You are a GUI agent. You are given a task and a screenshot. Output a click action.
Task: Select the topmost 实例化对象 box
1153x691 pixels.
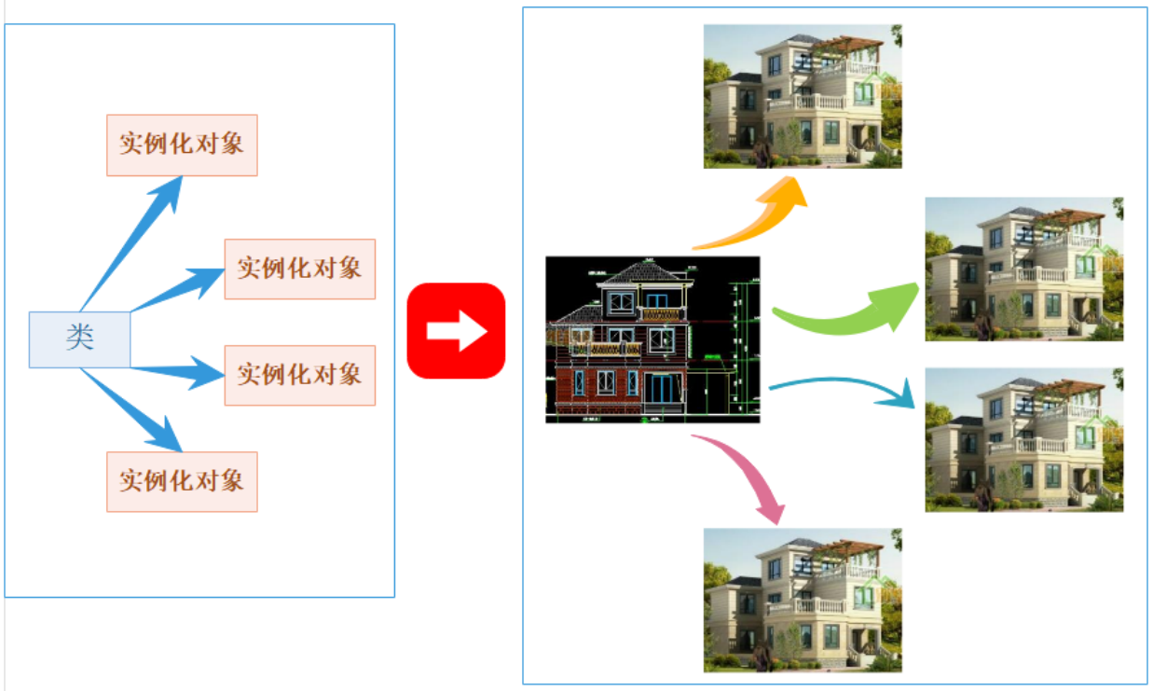(x=182, y=145)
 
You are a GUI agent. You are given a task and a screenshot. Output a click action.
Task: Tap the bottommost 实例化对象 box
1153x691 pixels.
(x=182, y=481)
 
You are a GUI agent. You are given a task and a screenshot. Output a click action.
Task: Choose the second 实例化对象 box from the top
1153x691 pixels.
(x=299, y=269)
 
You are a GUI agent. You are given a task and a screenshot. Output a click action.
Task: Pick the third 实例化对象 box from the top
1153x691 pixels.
(x=299, y=375)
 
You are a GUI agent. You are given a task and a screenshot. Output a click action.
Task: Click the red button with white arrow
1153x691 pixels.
(x=456, y=330)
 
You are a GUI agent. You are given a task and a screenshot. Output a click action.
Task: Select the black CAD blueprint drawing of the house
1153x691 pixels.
(x=652, y=339)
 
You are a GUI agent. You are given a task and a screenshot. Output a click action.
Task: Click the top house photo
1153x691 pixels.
(x=803, y=96)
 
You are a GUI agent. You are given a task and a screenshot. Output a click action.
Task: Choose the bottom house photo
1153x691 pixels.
(x=803, y=600)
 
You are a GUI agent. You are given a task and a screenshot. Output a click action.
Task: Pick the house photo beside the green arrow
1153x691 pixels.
(x=1023, y=269)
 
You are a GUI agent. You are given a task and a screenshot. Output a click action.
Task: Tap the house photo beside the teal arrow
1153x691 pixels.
(x=1023, y=439)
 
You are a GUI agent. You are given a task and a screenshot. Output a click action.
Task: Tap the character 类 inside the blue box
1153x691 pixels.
(x=79, y=338)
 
